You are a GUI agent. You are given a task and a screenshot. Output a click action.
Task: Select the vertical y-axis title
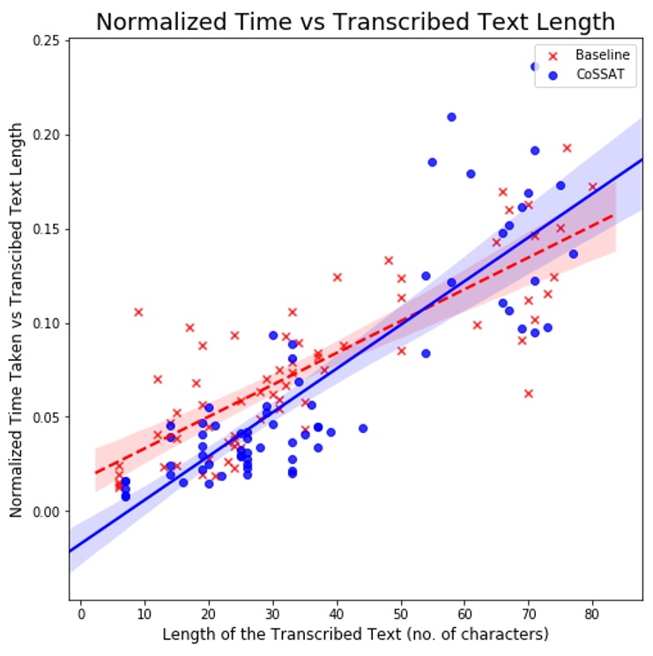[17, 322]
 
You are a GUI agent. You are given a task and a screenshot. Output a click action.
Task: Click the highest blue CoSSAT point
[535, 66]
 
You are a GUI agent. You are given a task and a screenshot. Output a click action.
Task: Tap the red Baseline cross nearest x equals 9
[138, 312]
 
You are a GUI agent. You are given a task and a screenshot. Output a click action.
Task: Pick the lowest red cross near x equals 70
[529, 394]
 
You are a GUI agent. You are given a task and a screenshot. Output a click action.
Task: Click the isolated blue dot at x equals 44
[363, 429]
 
